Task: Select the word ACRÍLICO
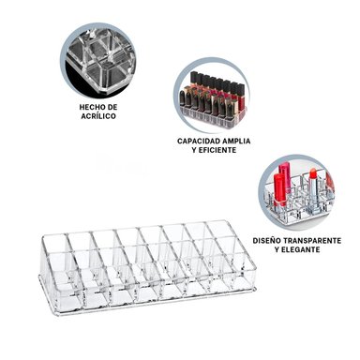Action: (x=98, y=118)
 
